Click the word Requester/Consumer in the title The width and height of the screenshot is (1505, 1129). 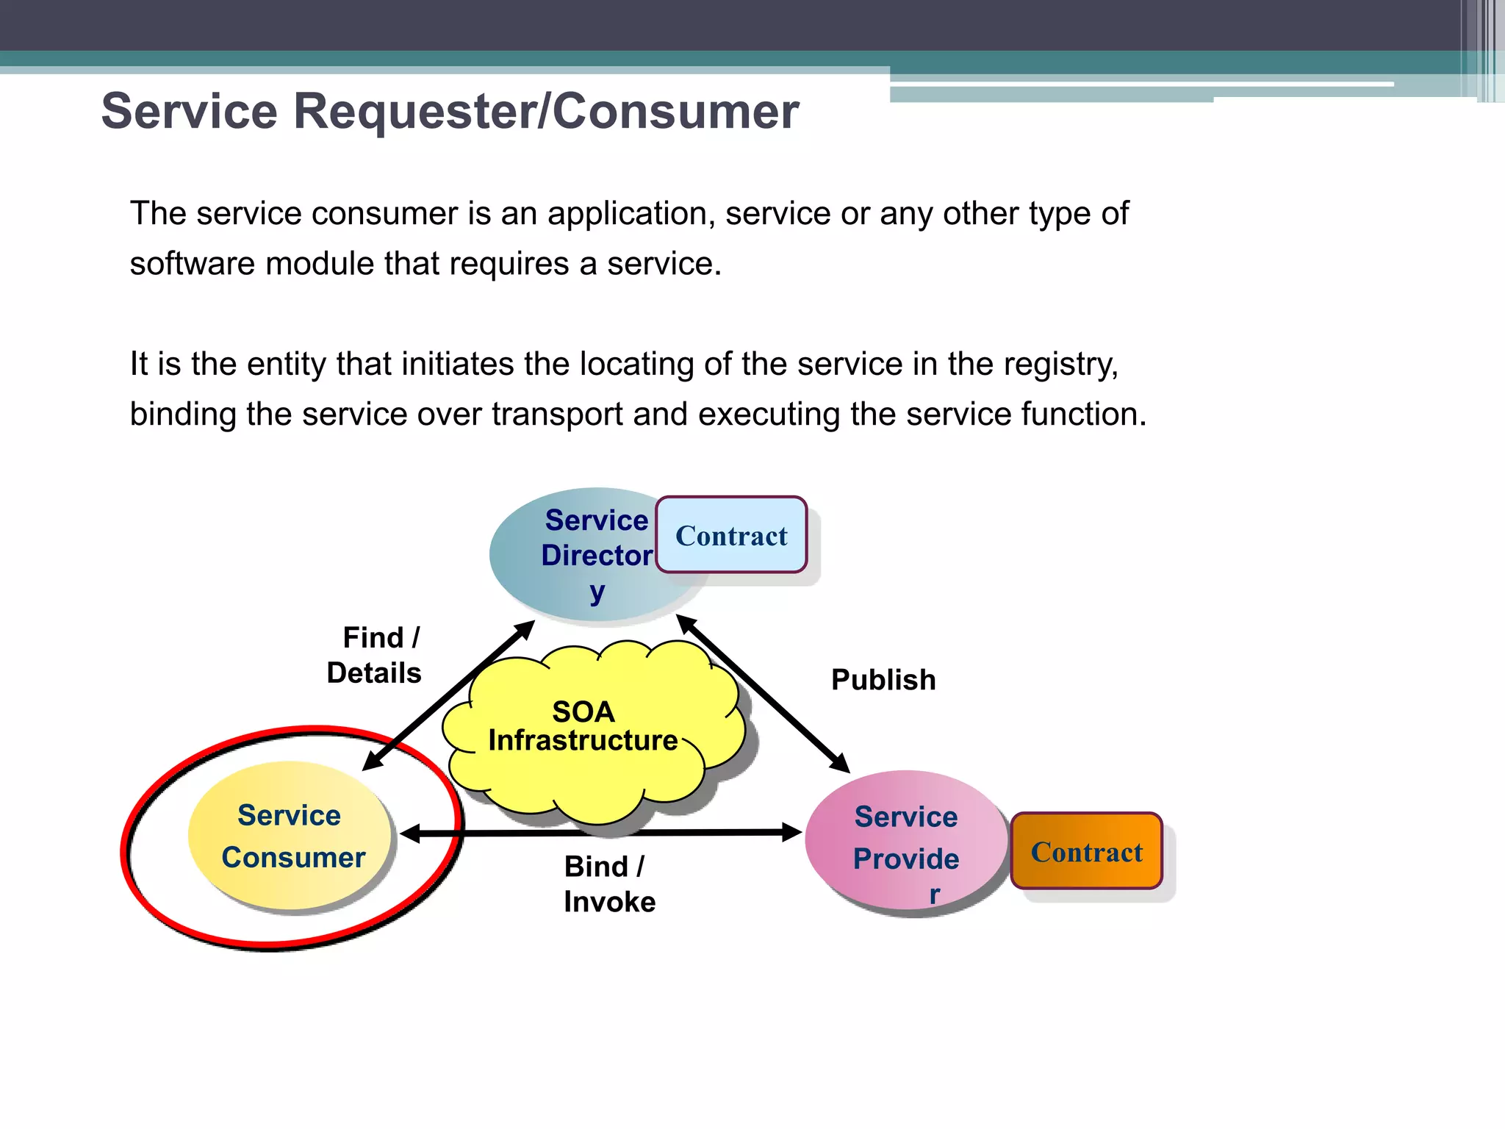click(546, 112)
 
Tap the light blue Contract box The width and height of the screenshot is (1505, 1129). click(731, 535)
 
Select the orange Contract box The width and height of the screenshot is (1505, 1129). click(1086, 851)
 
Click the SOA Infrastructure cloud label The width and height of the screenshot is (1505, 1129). click(583, 726)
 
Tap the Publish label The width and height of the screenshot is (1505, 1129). click(883, 680)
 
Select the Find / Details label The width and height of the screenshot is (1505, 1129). click(375, 655)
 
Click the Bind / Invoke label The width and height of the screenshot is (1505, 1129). click(608, 884)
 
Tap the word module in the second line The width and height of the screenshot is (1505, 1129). click(324, 264)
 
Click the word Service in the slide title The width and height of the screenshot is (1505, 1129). click(190, 112)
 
